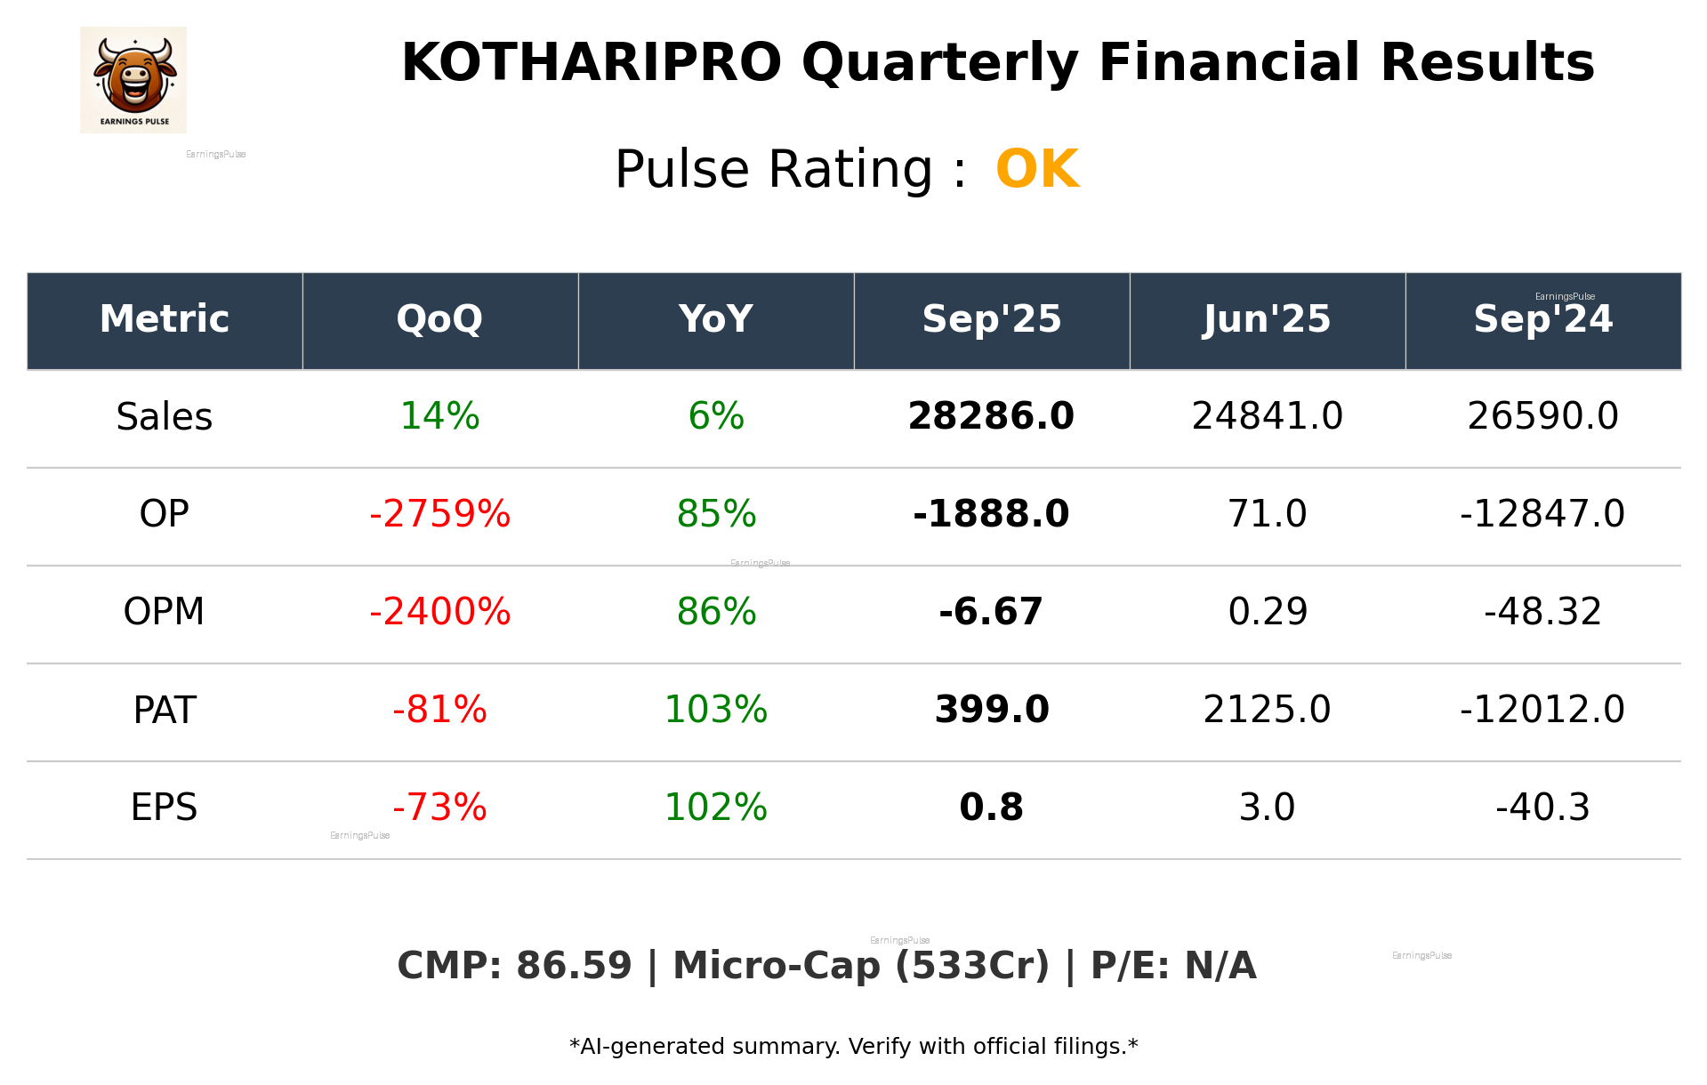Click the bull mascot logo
click(x=133, y=79)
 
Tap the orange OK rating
click(x=1037, y=169)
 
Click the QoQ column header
click(x=439, y=319)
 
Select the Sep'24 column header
click(x=1542, y=319)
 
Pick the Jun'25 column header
click(x=1267, y=319)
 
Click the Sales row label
click(x=165, y=417)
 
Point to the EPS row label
click(x=165, y=808)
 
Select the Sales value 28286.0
click(x=991, y=417)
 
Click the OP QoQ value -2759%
click(x=439, y=514)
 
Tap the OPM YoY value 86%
click(x=716, y=612)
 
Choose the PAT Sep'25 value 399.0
click(x=991, y=710)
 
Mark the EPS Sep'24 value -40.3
click(x=1542, y=808)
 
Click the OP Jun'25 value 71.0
click(x=1267, y=514)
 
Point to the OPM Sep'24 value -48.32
click(x=1542, y=612)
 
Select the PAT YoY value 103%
click(x=716, y=710)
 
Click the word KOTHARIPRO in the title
click(x=592, y=63)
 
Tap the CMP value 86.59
click(x=574, y=967)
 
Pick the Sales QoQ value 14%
click(x=439, y=417)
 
